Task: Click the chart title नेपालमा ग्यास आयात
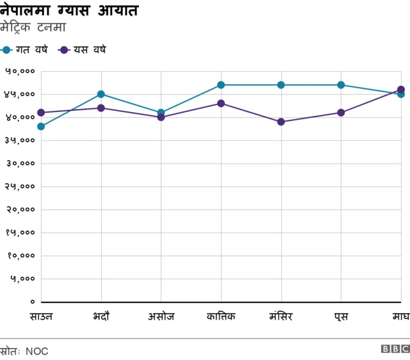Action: click(69, 11)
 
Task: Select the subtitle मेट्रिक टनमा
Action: click(33, 28)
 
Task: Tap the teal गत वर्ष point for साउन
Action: click(41, 126)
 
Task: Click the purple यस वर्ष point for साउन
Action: click(41, 113)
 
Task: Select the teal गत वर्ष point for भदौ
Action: click(101, 94)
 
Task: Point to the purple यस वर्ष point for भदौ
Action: click(101, 108)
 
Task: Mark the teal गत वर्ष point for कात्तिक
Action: click(221, 85)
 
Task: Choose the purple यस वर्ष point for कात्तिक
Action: click(221, 103)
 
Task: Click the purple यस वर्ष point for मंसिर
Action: click(281, 122)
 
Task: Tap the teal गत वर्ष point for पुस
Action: click(341, 85)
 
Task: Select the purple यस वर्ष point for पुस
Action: click(341, 113)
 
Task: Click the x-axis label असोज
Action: click(161, 316)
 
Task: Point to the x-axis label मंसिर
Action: click(281, 316)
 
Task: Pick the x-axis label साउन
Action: click(41, 316)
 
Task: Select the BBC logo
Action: click(395, 349)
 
